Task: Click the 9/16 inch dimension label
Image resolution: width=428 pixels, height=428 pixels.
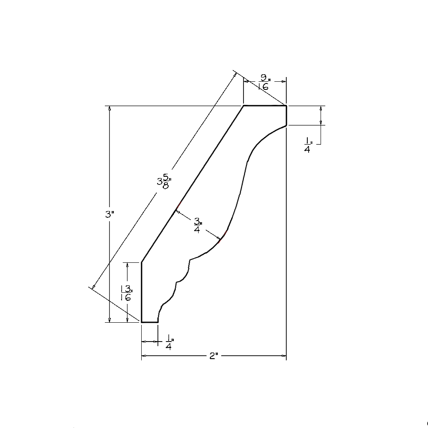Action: pos(264,82)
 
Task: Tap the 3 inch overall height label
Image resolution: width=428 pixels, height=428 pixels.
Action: pos(110,214)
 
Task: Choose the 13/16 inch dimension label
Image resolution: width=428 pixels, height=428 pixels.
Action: pos(125,292)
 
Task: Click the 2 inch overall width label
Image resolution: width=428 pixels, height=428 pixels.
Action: pos(214,356)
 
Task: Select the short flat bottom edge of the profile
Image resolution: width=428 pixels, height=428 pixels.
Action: pos(149,322)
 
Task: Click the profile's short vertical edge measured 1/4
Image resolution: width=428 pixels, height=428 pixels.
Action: pos(286,115)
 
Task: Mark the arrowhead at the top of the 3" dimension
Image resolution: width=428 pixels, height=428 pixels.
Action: pos(110,109)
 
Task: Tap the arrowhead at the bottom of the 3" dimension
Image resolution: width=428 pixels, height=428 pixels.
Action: pos(110,319)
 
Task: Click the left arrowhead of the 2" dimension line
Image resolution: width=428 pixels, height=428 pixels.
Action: pos(144,356)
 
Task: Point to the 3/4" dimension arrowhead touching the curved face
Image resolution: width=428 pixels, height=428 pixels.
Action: pos(220,238)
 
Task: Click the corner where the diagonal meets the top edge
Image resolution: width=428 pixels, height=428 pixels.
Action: pos(244,105)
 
